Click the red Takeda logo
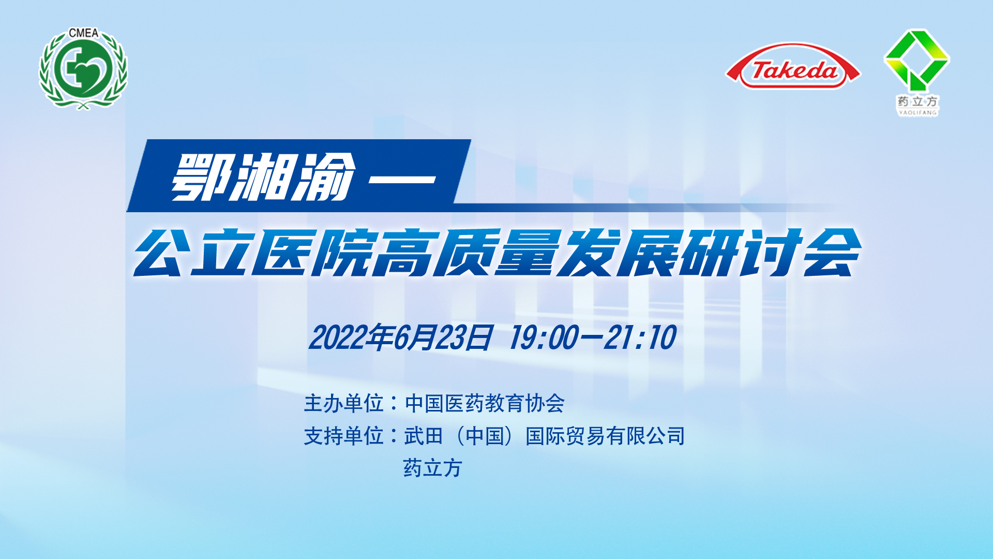pos(793,66)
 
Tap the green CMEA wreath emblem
pos(83,69)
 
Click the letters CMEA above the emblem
pos(83,33)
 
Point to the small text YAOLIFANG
pos(918,112)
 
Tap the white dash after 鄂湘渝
pos(402,180)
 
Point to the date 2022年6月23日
pos(401,337)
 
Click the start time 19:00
pos(543,337)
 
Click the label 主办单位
pos(343,403)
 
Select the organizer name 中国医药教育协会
pos(485,403)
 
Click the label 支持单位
pos(343,436)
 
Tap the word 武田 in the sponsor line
pos(424,436)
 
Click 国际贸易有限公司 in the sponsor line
pos(605,436)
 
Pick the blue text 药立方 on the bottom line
pos(432,468)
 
